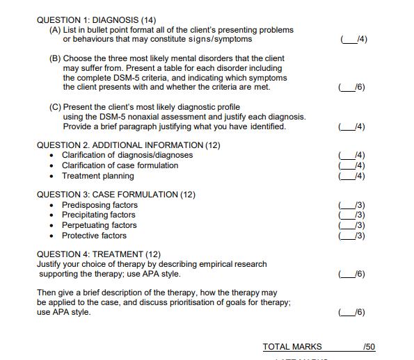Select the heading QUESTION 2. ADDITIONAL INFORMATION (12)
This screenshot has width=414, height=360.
coord(128,145)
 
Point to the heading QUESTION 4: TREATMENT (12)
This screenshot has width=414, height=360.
coord(99,254)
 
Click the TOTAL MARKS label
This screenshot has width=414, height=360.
coord(292,346)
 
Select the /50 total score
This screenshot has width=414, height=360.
coord(369,346)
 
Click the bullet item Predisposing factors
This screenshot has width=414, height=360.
coord(99,205)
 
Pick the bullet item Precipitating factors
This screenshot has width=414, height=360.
coord(99,215)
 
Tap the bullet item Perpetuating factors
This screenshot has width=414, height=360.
coord(99,225)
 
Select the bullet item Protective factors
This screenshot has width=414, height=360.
coord(94,236)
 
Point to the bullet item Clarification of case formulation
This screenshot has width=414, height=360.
coord(120,165)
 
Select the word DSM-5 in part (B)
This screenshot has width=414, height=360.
coord(132,78)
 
